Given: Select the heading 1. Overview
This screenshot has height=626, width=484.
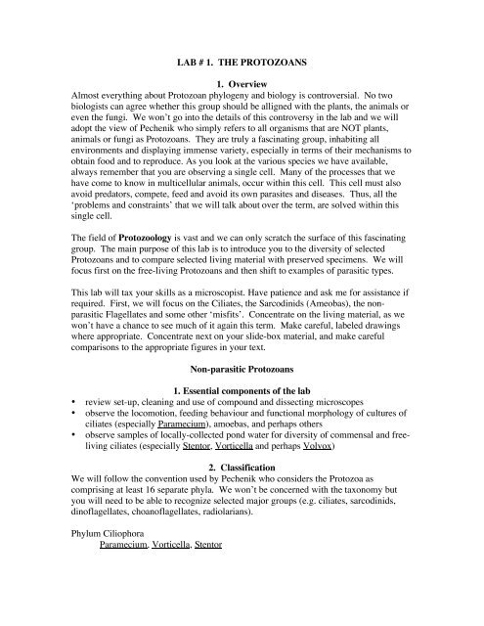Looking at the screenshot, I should point(242,74).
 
